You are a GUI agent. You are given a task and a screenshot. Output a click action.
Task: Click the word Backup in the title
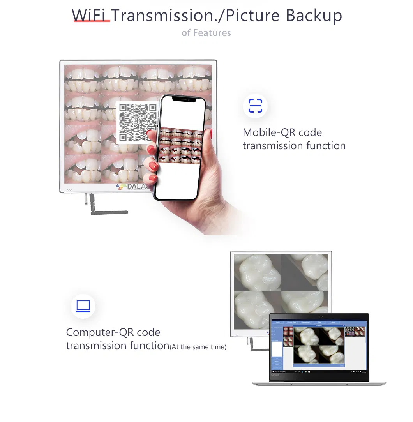[x=314, y=15]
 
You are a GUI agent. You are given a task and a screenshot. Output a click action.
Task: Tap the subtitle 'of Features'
[x=206, y=33]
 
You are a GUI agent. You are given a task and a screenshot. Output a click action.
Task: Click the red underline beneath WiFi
[x=92, y=21]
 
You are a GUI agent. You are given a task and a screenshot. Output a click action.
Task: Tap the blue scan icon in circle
[x=255, y=106]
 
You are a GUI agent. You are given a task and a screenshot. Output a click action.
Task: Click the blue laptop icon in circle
[x=83, y=306]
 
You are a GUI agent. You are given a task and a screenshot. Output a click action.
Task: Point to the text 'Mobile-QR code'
[x=282, y=132]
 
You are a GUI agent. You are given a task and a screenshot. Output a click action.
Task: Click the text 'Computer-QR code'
[x=113, y=332]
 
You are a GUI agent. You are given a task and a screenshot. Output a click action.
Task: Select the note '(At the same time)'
[x=198, y=347]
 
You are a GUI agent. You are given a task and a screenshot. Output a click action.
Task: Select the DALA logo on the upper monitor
[x=132, y=187]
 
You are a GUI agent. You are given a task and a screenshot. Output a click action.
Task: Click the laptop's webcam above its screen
[x=319, y=316]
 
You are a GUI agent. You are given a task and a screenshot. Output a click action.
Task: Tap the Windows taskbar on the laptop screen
[x=318, y=372]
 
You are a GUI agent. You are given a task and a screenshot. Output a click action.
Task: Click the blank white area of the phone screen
[x=179, y=179]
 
